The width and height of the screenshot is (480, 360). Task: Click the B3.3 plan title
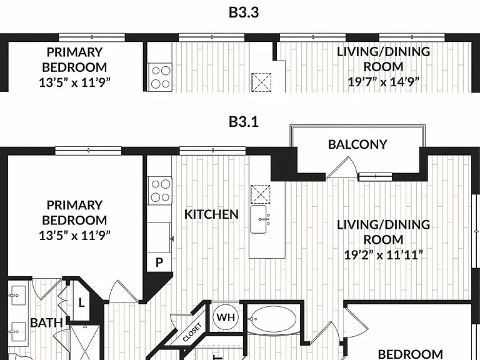(244, 12)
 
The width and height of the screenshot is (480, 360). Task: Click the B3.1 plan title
(244, 122)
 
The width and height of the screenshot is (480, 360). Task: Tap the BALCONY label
(357, 144)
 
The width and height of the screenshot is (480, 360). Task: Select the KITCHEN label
(211, 214)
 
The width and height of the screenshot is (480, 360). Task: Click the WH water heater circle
(226, 317)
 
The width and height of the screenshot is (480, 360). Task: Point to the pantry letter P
(159, 262)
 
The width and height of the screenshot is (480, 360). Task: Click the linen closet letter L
(81, 303)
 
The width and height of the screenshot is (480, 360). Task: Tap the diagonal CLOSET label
(192, 332)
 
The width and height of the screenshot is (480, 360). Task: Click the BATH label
(46, 322)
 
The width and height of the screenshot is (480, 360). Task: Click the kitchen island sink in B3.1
(258, 219)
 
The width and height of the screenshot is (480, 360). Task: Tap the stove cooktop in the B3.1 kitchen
(160, 191)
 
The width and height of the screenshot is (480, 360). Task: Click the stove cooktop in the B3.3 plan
(160, 77)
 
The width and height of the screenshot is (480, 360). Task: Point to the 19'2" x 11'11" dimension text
(383, 255)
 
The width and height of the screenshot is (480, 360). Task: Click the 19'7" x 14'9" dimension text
(383, 82)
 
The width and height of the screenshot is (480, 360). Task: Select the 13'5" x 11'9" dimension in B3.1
(74, 236)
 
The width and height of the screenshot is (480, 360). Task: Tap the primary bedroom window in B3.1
(88, 150)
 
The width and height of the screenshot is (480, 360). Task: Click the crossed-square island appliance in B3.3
(261, 82)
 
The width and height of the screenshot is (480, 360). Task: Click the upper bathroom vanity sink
(18, 296)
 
